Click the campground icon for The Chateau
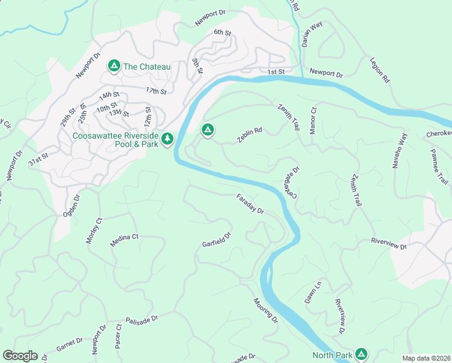coord(113,65)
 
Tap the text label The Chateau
coord(146,67)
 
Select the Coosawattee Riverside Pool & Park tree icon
coord(167,139)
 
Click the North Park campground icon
coord(361,353)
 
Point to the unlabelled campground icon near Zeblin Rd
coord(207,129)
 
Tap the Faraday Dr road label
coord(250,204)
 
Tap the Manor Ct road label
coord(313,120)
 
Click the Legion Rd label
coord(378,71)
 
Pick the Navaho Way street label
coord(400,154)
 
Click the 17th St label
coord(155,91)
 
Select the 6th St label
coord(222,32)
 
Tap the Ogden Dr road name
coord(71,206)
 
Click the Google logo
coord(20,356)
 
